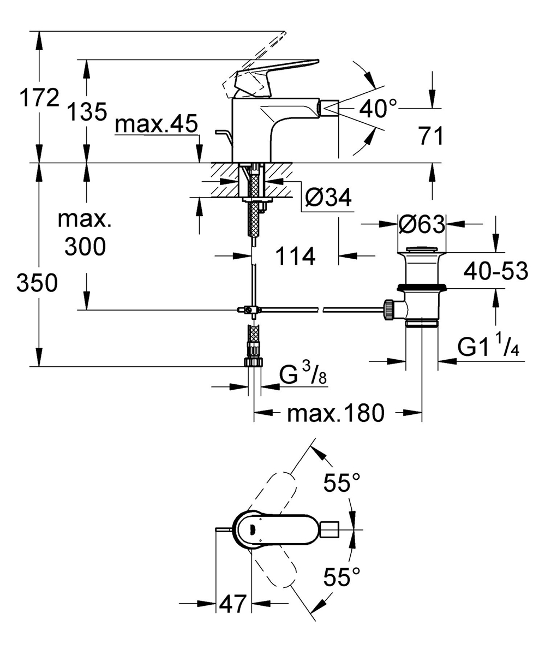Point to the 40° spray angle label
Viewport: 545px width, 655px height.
point(378,109)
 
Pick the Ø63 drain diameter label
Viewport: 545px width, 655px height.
point(421,223)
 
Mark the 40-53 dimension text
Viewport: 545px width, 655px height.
point(495,270)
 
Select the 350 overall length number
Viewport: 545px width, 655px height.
point(37,283)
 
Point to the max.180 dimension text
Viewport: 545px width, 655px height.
point(336,414)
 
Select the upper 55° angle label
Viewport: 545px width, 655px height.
point(342,483)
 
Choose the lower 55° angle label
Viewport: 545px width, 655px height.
point(342,576)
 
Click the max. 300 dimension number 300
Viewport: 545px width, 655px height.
point(85,247)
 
